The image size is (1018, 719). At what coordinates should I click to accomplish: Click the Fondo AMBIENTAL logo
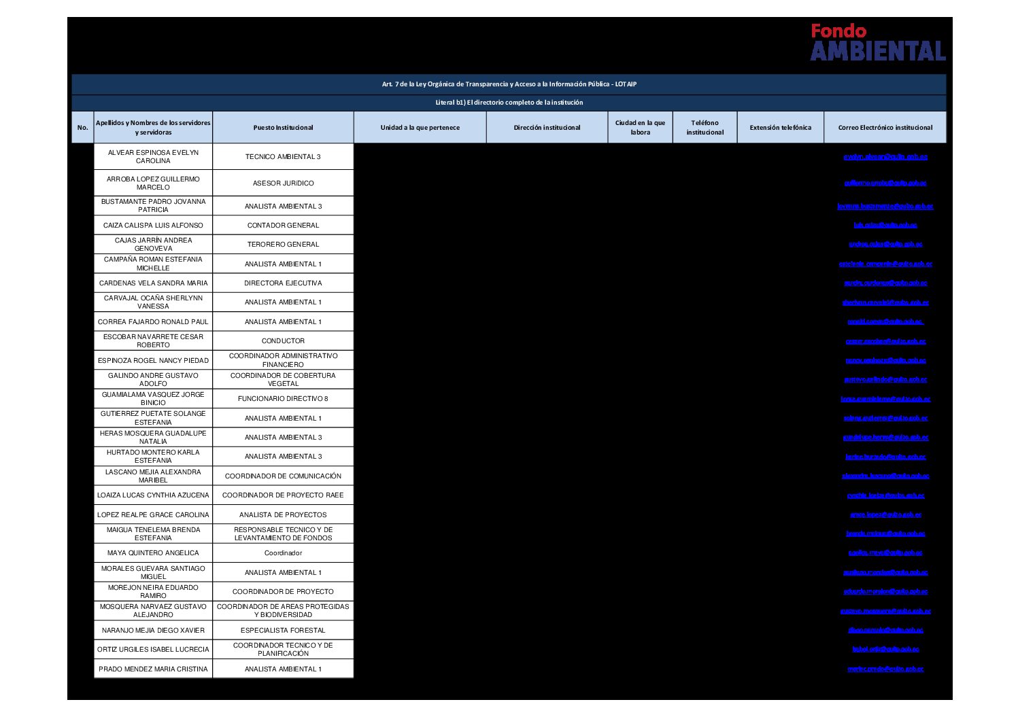877,42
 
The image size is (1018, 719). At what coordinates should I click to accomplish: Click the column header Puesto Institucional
283,128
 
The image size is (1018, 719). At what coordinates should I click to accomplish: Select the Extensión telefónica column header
780,128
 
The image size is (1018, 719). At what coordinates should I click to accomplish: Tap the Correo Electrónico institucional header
885,128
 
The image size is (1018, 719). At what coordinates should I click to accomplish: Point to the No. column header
83,128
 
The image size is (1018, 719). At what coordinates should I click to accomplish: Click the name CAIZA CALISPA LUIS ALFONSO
153,226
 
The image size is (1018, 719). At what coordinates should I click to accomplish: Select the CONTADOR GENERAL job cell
283,226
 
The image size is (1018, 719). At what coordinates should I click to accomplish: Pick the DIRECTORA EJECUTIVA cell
283,283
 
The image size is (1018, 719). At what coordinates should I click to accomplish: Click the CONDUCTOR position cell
283,341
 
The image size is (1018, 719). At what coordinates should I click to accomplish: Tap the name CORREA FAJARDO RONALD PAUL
153,322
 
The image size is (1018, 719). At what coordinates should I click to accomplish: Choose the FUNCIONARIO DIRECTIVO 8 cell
283,399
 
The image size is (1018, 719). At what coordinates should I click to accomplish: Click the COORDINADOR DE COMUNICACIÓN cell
283,476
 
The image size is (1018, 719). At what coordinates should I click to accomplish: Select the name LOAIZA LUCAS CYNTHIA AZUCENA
153,495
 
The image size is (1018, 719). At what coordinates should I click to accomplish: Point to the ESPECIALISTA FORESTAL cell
283,631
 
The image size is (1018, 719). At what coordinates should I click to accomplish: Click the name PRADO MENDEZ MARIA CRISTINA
153,669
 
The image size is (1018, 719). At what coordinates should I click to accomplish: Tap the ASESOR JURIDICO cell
283,183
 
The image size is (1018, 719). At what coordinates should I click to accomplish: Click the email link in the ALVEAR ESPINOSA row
885,157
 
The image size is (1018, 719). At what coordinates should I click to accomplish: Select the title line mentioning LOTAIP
509,84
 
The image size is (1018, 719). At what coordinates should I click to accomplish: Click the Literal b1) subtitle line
509,103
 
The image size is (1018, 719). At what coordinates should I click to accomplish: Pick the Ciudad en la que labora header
640,128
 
